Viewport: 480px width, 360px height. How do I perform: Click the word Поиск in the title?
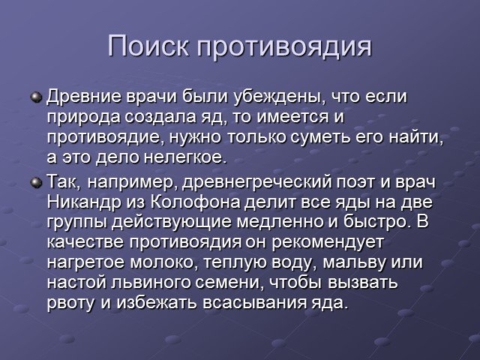click(x=148, y=46)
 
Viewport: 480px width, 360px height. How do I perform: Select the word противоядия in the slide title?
click(x=284, y=47)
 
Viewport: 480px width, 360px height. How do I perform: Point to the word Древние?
click(x=83, y=97)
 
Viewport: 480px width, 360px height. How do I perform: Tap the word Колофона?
click(x=196, y=202)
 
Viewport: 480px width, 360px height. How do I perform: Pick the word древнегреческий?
click(x=257, y=183)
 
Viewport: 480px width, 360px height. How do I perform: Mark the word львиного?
click(x=150, y=283)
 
